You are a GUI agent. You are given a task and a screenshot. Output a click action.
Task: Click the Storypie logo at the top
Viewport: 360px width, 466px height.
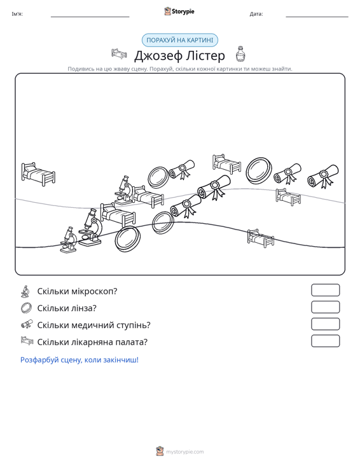click(179, 11)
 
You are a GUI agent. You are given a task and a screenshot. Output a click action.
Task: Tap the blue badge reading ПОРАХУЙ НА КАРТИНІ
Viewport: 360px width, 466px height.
click(180, 40)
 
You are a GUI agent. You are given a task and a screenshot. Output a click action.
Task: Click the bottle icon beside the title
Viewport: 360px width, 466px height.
click(240, 54)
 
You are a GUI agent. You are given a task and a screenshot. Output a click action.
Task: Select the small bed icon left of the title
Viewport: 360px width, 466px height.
click(119, 54)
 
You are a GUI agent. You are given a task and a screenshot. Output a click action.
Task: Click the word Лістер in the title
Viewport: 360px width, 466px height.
click(205, 55)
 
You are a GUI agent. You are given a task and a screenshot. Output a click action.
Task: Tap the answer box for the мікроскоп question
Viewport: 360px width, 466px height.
click(325, 290)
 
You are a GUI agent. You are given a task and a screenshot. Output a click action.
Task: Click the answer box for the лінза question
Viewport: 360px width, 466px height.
click(325, 307)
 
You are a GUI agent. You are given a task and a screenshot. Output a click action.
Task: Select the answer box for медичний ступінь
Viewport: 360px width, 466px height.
click(325, 324)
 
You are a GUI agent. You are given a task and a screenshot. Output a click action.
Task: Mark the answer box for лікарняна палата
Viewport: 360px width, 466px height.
click(325, 341)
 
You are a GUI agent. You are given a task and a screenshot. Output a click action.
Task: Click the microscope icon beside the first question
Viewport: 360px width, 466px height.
click(25, 291)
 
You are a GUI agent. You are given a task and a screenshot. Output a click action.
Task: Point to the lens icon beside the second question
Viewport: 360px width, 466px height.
click(26, 308)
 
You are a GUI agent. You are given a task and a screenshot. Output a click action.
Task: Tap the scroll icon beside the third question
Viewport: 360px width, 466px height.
click(27, 324)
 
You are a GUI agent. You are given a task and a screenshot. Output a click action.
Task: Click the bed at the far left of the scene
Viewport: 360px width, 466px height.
click(38, 174)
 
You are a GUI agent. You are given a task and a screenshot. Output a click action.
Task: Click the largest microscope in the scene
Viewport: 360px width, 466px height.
click(90, 228)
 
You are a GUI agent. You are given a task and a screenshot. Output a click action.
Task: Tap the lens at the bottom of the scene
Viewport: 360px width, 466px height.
click(128, 238)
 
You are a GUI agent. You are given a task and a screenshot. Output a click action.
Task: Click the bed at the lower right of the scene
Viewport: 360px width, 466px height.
click(260, 238)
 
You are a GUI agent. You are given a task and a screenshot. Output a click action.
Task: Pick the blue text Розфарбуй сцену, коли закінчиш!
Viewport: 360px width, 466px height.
click(80, 360)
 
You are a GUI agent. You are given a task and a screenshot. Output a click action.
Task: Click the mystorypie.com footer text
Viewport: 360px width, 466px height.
click(185, 452)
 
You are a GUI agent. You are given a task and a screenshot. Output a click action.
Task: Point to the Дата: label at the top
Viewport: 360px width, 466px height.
click(256, 14)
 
